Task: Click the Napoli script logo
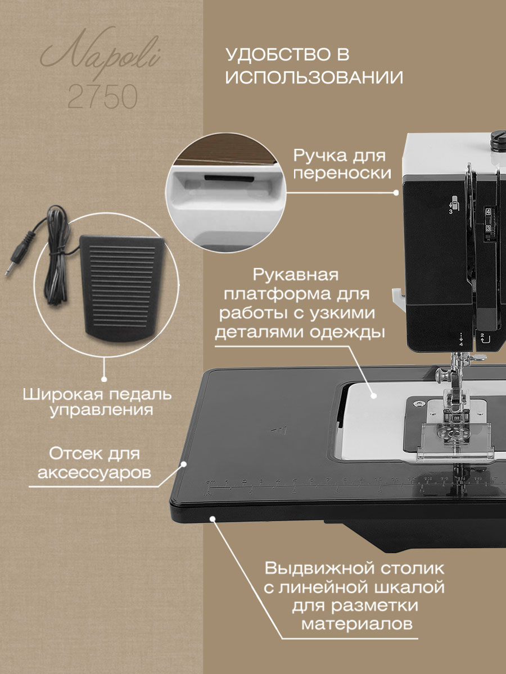tap(100, 53)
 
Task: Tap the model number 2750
tap(103, 97)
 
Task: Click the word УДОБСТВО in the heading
tap(275, 55)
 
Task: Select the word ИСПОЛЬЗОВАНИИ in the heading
tap(314, 77)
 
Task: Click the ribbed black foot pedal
tap(122, 289)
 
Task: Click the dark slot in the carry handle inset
tap(229, 178)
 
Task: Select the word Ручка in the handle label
tap(320, 156)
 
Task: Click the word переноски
tap(342, 174)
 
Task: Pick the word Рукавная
tap(296, 275)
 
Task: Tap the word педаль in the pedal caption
tap(141, 394)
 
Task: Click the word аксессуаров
tap(94, 472)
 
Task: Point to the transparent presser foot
tap(455, 441)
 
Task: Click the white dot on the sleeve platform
tap(373, 395)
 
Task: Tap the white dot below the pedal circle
tap(104, 380)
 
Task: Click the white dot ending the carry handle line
tap(396, 193)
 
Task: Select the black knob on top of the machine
tap(499, 140)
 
